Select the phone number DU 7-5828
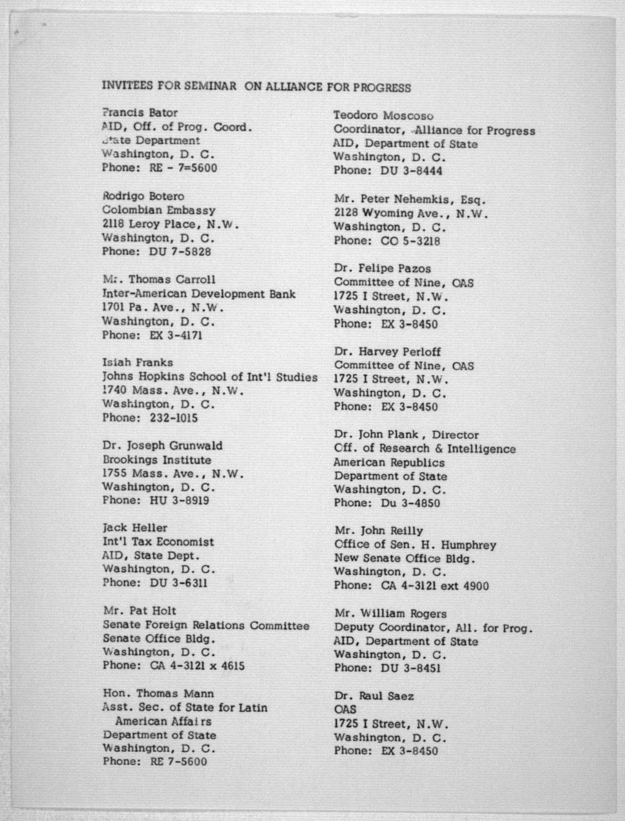click(x=180, y=252)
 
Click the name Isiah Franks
click(x=138, y=362)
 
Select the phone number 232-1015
click(x=174, y=418)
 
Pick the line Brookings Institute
click(x=157, y=460)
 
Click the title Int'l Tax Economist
click(x=158, y=542)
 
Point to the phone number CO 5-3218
click(x=410, y=241)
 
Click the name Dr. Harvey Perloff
click(x=387, y=351)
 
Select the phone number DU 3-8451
click(x=411, y=668)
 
